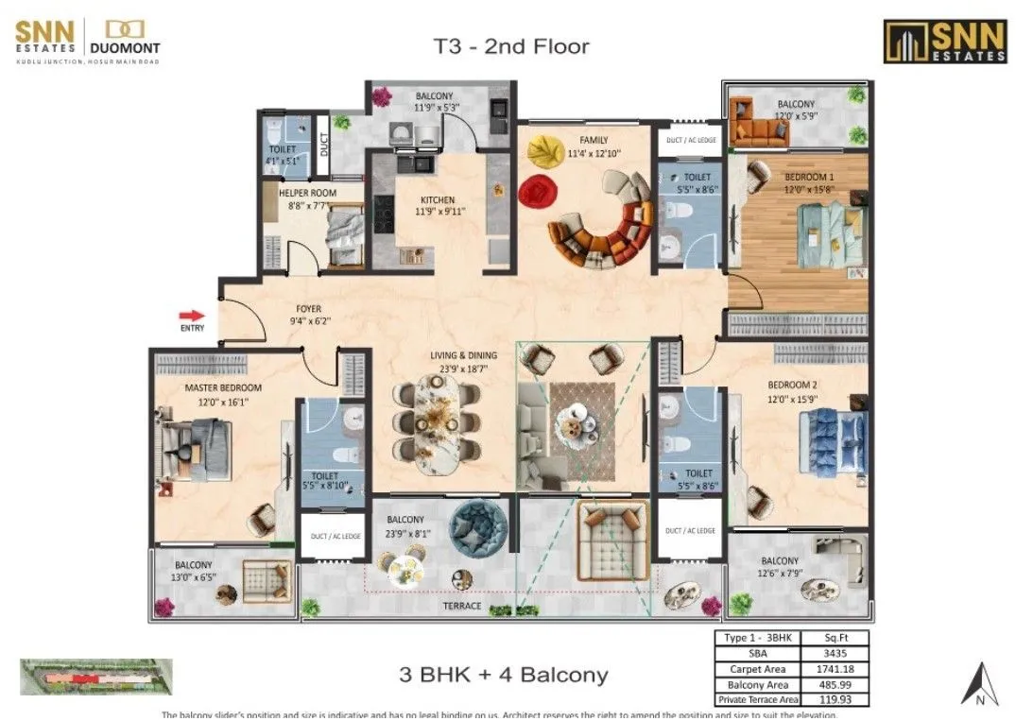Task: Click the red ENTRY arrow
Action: tap(192, 316)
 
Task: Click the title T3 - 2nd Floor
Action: tap(511, 46)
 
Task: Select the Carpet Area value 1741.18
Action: tap(834, 668)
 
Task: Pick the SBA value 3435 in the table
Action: tap(834, 653)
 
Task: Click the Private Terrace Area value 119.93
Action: tap(834, 699)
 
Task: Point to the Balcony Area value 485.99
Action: tap(834, 683)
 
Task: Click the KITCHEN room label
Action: tap(438, 200)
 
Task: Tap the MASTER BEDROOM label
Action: tap(223, 388)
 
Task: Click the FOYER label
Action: tap(308, 309)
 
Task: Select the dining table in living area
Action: tap(437, 421)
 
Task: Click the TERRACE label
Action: tap(462, 606)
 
